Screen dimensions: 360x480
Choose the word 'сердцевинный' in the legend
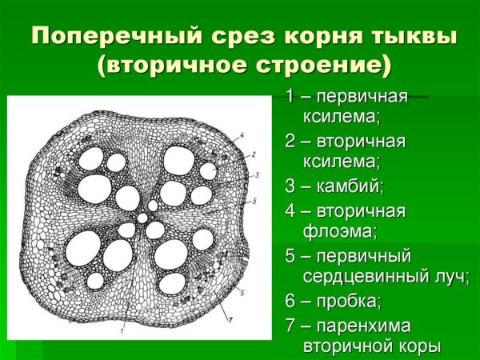click(x=356, y=278)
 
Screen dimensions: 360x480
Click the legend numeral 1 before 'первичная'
click(x=290, y=97)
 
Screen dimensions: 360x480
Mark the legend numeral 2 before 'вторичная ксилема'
click(x=290, y=142)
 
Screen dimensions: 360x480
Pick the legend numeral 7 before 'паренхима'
click(x=290, y=326)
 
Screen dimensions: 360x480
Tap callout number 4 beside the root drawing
click(x=241, y=136)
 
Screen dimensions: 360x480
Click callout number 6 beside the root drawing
click(x=242, y=294)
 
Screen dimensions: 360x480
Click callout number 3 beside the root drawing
click(x=256, y=174)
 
